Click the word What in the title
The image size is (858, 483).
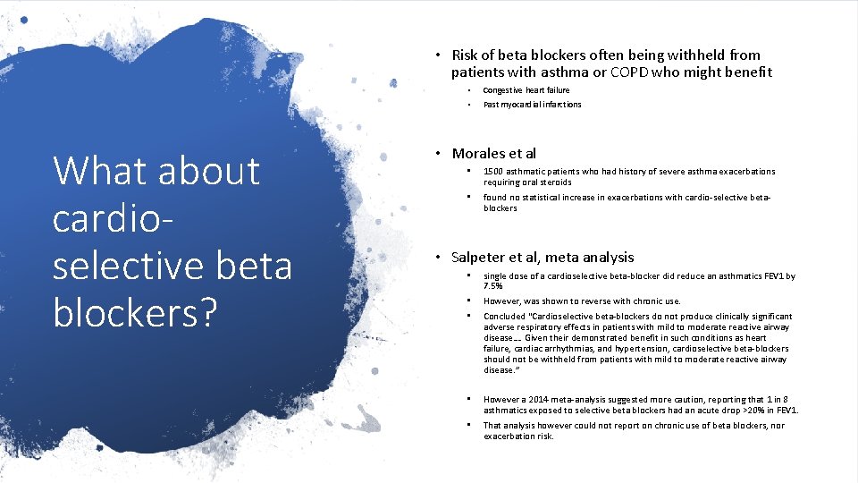coord(97,170)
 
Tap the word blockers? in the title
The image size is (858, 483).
coord(135,312)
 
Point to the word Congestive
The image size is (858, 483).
coord(503,90)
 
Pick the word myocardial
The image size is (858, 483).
coord(523,105)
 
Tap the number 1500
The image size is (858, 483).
coord(493,172)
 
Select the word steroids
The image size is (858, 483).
coord(554,182)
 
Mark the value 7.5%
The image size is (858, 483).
coord(493,287)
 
